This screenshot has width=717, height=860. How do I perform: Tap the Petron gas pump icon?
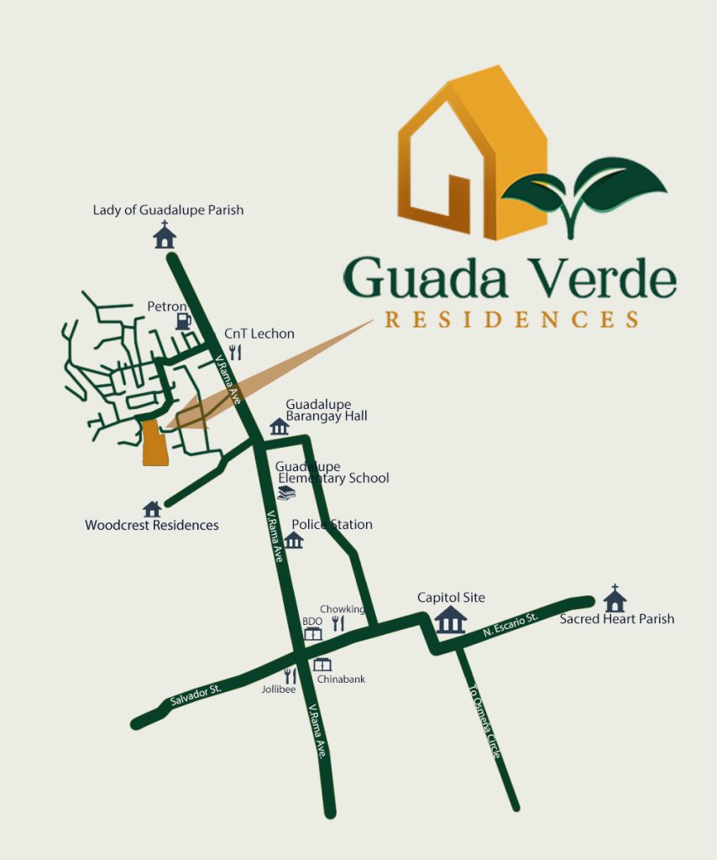pyautogui.click(x=183, y=321)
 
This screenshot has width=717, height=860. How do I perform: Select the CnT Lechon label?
pyautogui.click(x=259, y=333)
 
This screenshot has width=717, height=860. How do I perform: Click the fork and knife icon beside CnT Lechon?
pyautogui.click(x=235, y=353)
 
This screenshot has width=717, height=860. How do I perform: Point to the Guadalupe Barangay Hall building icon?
pyautogui.click(x=280, y=427)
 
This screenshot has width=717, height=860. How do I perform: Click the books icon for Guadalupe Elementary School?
pyautogui.click(x=286, y=493)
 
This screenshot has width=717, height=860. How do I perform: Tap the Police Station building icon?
pyautogui.click(x=293, y=539)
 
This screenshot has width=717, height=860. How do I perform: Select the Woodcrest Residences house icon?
pyautogui.click(x=152, y=509)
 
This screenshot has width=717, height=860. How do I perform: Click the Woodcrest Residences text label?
pyautogui.click(x=152, y=526)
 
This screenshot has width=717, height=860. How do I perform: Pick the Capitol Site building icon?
pyautogui.click(x=451, y=621)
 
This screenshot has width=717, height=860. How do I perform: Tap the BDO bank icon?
pyautogui.click(x=312, y=633)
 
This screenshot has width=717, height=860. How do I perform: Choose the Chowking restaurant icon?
pyautogui.click(x=338, y=623)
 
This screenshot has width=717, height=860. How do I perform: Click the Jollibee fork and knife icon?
pyautogui.click(x=290, y=675)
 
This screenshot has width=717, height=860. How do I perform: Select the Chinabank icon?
pyautogui.click(x=322, y=664)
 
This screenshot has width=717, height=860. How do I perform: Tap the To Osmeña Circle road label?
pyautogui.click(x=484, y=722)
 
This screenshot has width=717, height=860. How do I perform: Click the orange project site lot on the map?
pyautogui.click(x=154, y=443)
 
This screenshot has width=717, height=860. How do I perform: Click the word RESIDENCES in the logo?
pyautogui.click(x=511, y=320)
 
